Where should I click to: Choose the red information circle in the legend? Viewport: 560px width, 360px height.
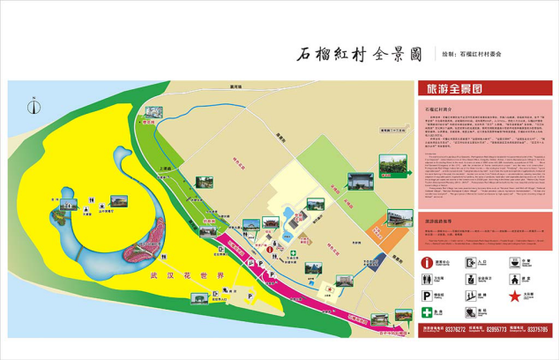(x=427, y=263)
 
